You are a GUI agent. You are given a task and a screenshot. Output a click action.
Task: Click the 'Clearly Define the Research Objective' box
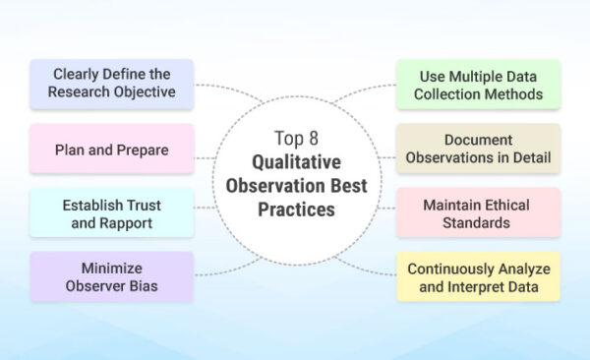click(111, 84)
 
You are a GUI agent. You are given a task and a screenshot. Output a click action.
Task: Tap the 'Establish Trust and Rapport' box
click(111, 212)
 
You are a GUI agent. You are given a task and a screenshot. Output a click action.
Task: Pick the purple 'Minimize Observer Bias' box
click(111, 276)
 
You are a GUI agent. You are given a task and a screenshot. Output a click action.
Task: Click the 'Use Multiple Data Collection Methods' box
click(478, 84)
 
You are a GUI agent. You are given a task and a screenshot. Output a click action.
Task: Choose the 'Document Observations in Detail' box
click(478, 148)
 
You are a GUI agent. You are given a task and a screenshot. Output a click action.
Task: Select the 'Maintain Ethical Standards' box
click(478, 212)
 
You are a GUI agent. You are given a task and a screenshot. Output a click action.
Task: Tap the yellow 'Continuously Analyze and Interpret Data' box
click(478, 276)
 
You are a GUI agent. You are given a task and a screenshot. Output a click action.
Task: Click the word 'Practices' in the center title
click(297, 209)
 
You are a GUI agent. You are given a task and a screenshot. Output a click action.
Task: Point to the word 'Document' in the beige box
click(478, 139)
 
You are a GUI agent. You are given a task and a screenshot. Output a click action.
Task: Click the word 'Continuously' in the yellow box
click(454, 268)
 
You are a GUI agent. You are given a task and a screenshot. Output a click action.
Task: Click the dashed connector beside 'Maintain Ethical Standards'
click(383, 208)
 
